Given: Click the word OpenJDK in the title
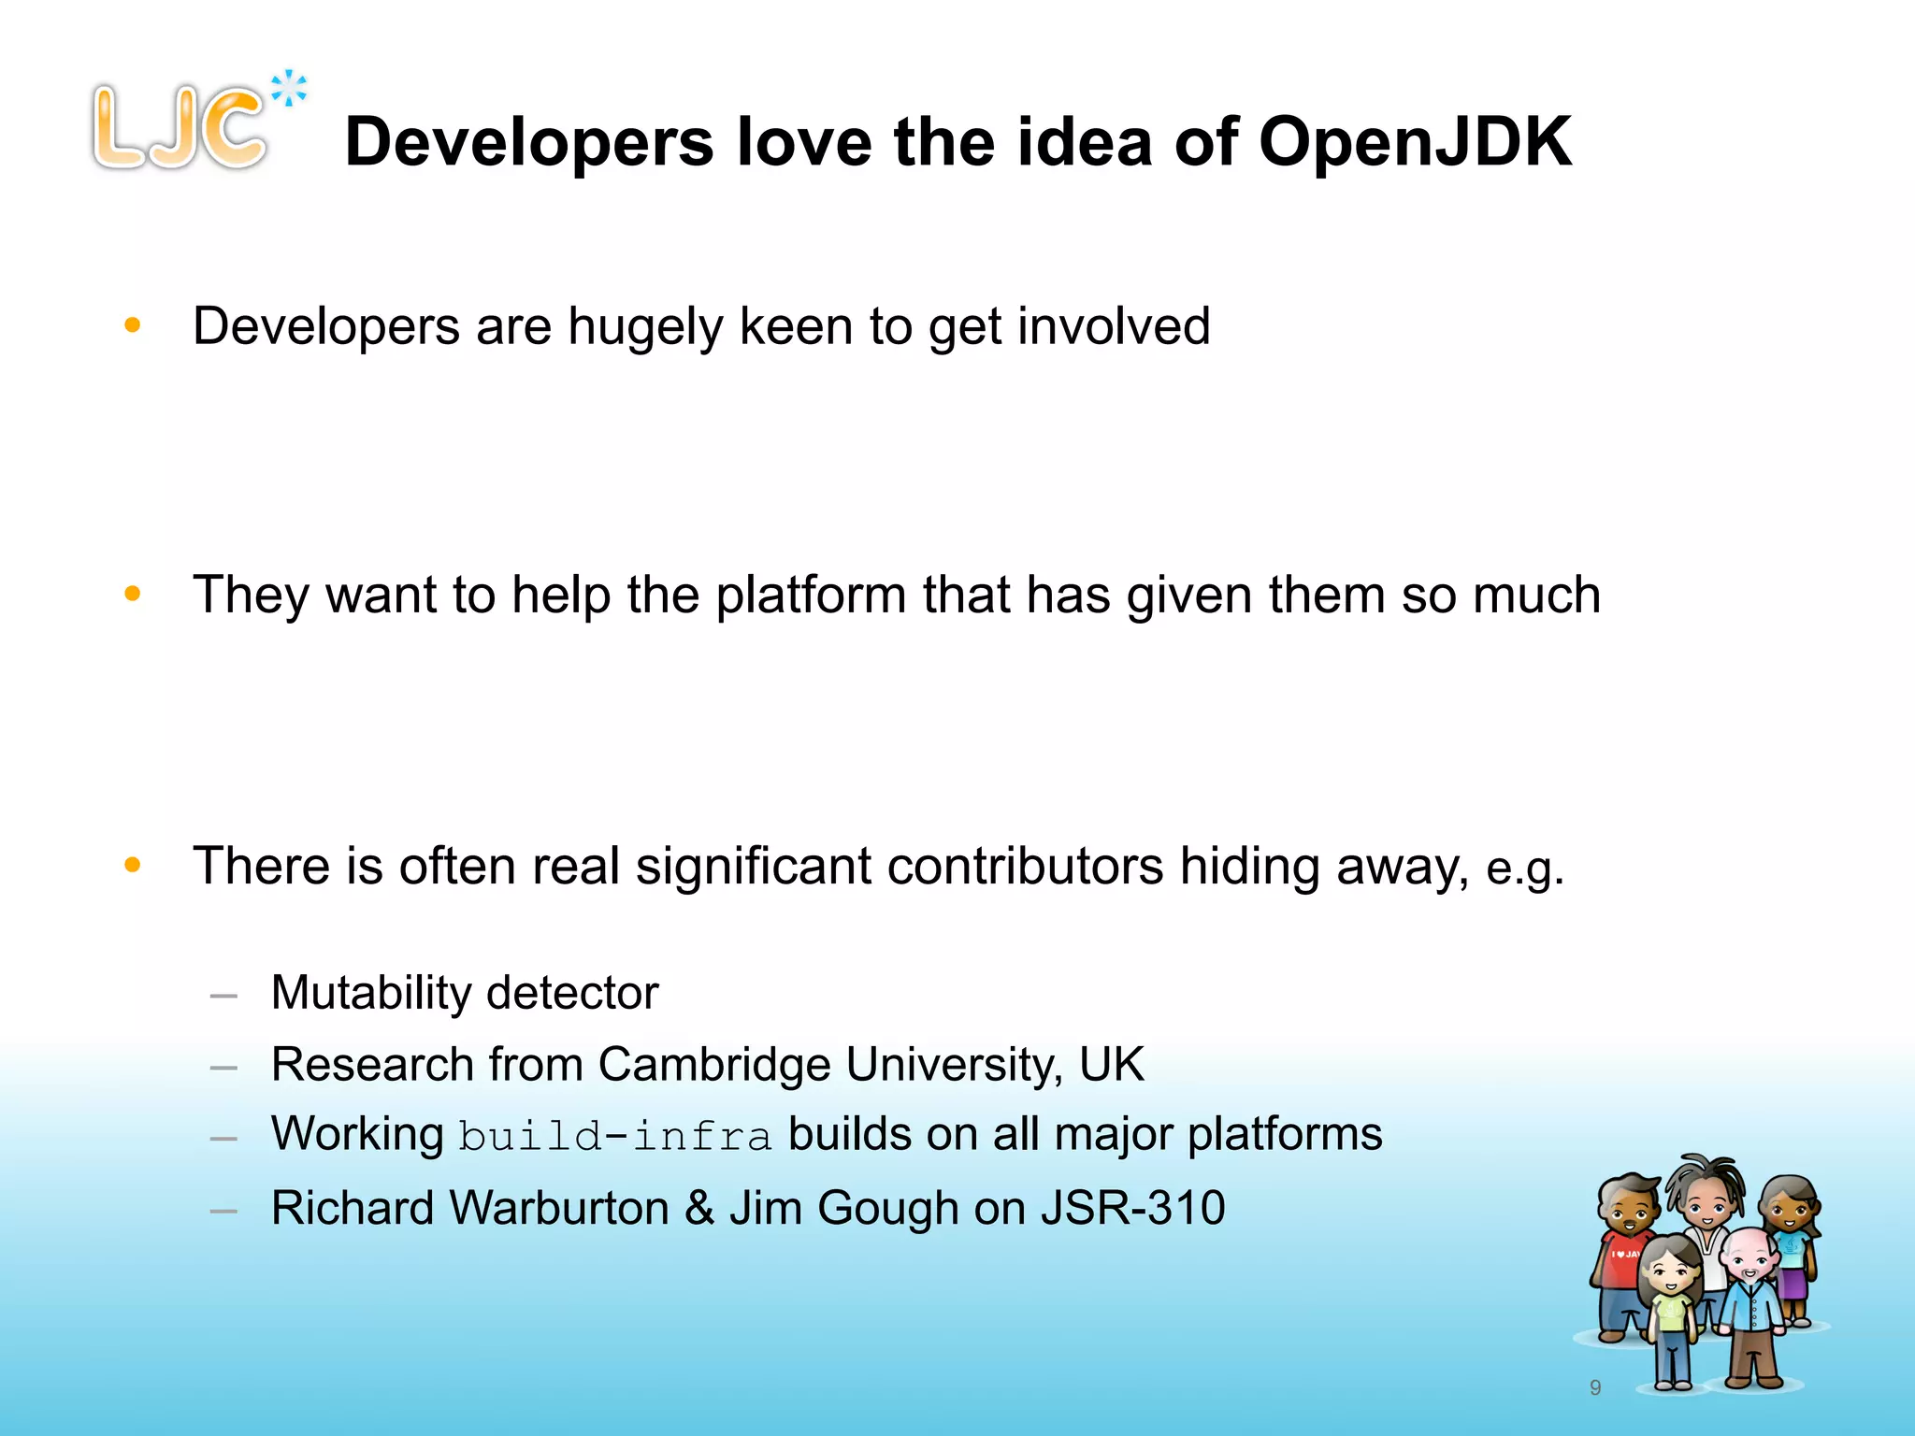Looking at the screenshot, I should (x=1415, y=142).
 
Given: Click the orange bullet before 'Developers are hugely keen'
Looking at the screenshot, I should (x=133, y=325).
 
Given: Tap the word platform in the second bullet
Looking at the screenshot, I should (x=811, y=596).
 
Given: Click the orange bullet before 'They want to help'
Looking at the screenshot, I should (x=133, y=594).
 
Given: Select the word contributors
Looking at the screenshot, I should (x=1025, y=866).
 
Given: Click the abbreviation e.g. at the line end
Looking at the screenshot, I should (x=1524, y=869).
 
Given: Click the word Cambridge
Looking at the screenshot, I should (x=714, y=1065).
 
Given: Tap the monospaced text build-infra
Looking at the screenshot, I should (x=615, y=1137).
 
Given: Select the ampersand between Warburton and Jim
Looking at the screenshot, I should (x=699, y=1208).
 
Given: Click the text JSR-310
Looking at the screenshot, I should (x=1132, y=1208).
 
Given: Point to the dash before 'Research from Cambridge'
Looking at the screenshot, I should (x=223, y=1068).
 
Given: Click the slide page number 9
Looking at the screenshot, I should (x=1595, y=1387).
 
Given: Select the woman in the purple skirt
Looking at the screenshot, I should (x=1791, y=1243).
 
